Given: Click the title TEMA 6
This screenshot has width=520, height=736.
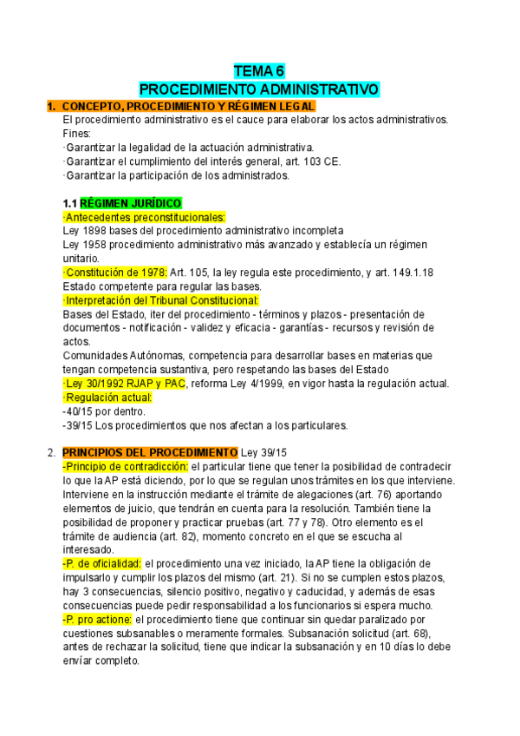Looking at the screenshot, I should click(259, 71).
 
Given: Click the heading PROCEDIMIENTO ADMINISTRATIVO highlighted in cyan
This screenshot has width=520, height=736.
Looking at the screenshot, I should click(259, 89).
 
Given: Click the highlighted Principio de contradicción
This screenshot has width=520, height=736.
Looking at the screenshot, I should click(126, 467).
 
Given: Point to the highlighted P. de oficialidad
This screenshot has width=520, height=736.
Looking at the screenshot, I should click(102, 564).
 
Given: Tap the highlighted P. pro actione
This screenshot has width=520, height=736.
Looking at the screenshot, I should click(97, 620).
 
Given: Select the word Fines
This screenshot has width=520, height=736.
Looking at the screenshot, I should click(76, 134).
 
